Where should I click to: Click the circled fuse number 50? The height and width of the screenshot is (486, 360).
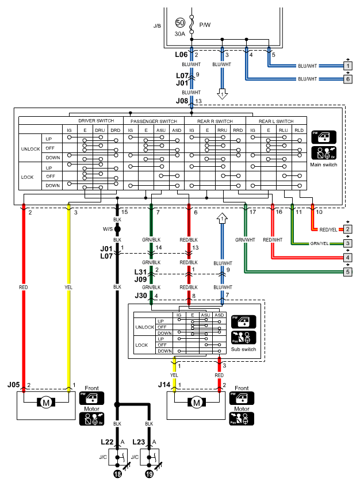[180, 22]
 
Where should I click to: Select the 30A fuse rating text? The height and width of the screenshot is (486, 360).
[179, 34]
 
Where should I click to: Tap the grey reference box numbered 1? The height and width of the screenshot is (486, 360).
[348, 66]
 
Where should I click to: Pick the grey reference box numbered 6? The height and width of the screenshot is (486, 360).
[348, 79]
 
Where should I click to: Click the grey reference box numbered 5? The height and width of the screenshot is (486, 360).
[348, 272]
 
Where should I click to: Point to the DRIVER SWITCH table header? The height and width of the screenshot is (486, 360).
[96, 121]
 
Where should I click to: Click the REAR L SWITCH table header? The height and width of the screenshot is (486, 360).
[276, 121]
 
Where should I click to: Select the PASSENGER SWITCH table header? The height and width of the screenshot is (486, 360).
[154, 121]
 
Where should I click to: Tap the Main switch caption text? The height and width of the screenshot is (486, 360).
[324, 164]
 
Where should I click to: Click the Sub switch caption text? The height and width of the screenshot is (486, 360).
[243, 349]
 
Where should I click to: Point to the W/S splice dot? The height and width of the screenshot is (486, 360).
[117, 229]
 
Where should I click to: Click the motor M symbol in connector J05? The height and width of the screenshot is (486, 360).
[46, 403]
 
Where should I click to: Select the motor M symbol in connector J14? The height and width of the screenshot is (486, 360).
[197, 403]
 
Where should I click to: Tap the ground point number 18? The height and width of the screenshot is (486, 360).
[117, 474]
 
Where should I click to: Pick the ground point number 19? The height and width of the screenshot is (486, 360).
[150, 474]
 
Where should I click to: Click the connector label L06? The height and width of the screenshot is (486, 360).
[181, 55]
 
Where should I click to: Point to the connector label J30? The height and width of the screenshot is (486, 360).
[141, 296]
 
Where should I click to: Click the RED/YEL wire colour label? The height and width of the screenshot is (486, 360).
[328, 229]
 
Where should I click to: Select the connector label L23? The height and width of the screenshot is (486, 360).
[139, 442]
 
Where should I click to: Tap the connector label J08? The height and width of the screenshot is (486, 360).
[182, 101]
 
